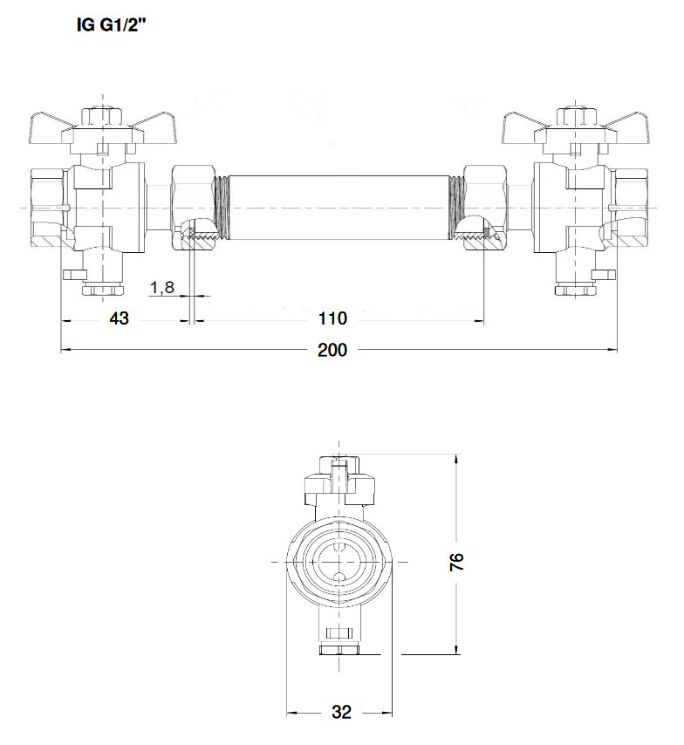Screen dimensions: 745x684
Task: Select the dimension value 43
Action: pyautogui.click(x=119, y=318)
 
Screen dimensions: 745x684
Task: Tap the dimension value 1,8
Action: pyautogui.click(x=161, y=288)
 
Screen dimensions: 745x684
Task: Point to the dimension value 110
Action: pyautogui.click(x=333, y=318)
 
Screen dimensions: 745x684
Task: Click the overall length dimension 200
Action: pyautogui.click(x=332, y=351)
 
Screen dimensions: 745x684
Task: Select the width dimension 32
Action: pyautogui.click(x=341, y=713)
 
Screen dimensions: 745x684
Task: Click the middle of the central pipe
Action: pyautogui.click(x=338, y=207)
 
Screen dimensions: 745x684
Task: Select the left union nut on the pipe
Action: pyautogui.click(x=192, y=208)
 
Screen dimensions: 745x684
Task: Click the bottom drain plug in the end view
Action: pyautogui.click(x=339, y=641)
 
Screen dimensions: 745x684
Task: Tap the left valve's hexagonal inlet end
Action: pyautogui.click(x=45, y=208)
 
